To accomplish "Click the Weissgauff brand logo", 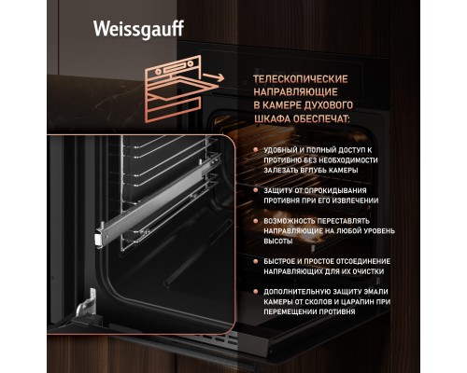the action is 138,30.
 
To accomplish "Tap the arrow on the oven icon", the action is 213,77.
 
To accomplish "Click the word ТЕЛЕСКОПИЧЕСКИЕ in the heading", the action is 301,79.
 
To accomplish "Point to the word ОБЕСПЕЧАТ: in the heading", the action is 322,118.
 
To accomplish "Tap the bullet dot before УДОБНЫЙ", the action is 256,150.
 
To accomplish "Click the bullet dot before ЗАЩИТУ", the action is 256,190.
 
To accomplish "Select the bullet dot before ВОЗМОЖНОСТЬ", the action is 256,221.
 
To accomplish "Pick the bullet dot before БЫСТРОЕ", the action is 256,261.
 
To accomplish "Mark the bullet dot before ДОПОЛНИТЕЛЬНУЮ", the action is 256,292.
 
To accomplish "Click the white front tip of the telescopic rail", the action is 99,240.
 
